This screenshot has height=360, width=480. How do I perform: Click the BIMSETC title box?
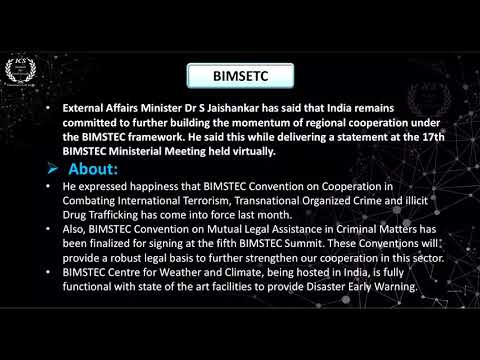coord(240,74)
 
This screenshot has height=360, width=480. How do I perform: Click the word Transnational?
coord(273,201)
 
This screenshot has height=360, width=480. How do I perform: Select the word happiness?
coord(160,187)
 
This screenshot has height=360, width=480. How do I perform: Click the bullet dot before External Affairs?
coord(50,104)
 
